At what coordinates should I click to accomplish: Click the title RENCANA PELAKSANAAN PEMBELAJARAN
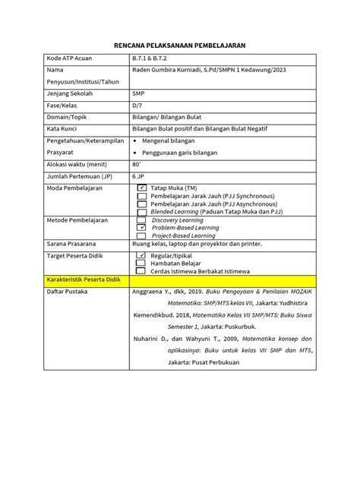click(178, 46)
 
